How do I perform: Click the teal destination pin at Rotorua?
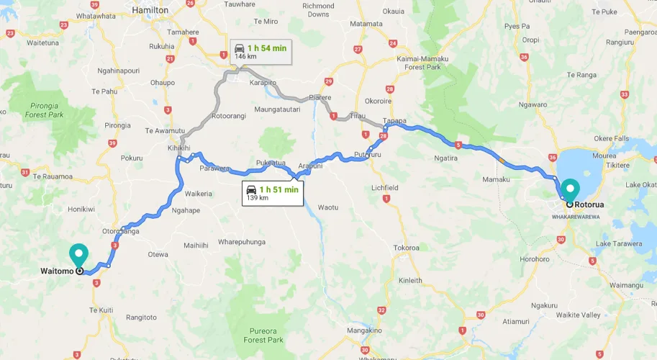click(570, 189)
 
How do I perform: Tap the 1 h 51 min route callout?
click(272, 193)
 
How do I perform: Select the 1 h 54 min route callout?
click(260, 51)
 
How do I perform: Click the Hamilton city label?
click(150, 10)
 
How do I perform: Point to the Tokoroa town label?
click(406, 248)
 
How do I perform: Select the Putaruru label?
click(368, 155)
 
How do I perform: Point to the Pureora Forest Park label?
click(263, 335)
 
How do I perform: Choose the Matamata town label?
click(366, 24)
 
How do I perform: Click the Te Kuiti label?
click(101, 310)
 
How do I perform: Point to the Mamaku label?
click(496, 179)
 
